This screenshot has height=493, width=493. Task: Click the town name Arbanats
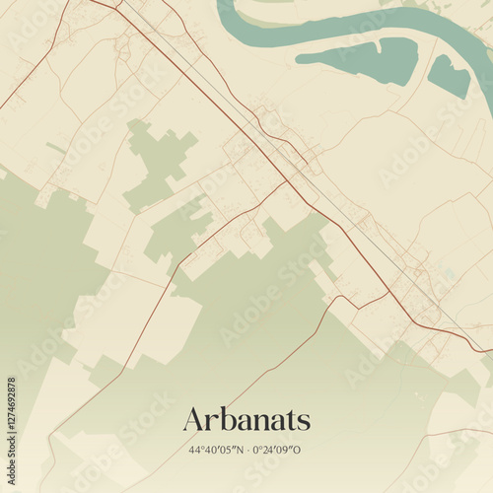coord(246,420)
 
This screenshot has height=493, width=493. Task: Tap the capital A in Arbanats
coord(194,420)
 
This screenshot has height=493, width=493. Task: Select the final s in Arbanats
coord(305,422)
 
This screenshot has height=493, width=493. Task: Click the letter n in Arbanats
coord(257,422)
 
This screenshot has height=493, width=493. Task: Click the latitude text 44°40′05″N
coord(214,451)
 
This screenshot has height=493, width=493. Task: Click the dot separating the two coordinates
coord(247,451)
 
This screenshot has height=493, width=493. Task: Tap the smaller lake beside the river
coord(449,76)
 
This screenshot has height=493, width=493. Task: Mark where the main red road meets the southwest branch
coord(286,181)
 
